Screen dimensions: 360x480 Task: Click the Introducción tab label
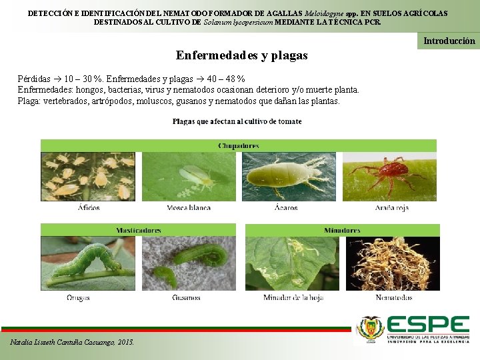(x=449, y=41)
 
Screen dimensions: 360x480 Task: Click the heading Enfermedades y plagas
(x=241, y=55)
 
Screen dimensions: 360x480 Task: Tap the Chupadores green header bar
(x=239, y=145)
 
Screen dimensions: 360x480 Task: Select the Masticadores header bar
(x=139, y=230)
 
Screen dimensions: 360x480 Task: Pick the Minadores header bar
(x=342, y=230)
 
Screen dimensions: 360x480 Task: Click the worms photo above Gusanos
(x=189, y=263)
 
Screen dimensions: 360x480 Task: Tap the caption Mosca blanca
(x=189, y=208)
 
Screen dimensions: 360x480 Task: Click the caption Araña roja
(x=392, y=208)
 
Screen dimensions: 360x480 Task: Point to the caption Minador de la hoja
(x=293, y=297)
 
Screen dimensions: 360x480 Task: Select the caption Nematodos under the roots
(x=393, y=297)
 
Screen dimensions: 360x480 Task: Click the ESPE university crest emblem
(x=371, y=329)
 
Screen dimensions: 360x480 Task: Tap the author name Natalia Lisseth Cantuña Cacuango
(x=72, y=342)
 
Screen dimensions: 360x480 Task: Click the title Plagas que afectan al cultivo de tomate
(x=237, y=121)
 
